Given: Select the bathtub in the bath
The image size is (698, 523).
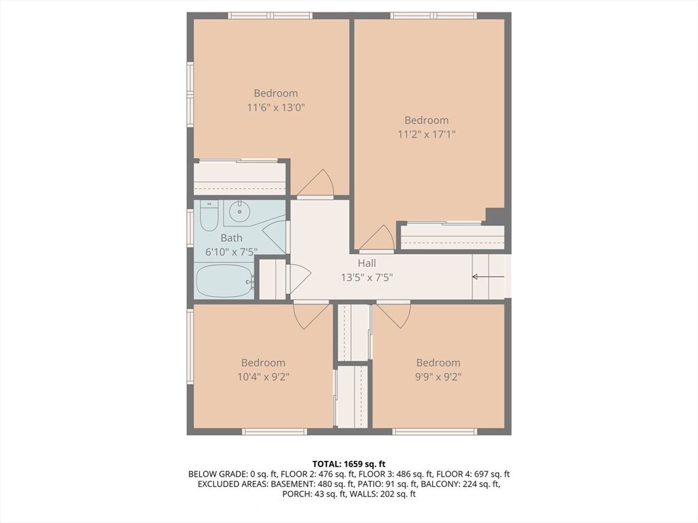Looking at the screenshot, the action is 225,281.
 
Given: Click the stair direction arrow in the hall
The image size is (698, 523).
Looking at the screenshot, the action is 488,276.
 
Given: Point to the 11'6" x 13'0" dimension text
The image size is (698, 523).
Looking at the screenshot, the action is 276,107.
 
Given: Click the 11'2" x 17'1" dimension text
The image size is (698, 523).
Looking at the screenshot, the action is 427,134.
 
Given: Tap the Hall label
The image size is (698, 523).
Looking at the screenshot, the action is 367,264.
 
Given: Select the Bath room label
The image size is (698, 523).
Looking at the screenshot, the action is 232,238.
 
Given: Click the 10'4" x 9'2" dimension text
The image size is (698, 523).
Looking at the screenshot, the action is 264,377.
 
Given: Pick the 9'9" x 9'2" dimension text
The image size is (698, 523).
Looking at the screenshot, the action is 438,377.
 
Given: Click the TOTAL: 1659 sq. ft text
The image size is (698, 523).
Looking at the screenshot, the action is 348,464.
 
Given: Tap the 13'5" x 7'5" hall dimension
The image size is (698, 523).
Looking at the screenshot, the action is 367,278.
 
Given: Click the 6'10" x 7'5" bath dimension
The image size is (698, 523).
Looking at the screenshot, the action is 232,252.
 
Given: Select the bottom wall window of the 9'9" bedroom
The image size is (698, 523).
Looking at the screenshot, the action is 434,431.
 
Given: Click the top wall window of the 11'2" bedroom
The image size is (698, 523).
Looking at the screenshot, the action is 434,16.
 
